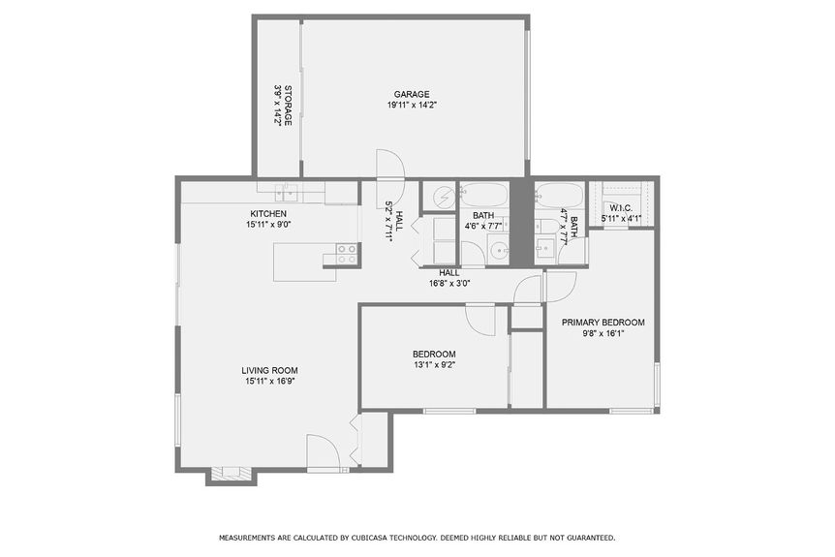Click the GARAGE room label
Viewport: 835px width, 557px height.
click(x=412, y=94)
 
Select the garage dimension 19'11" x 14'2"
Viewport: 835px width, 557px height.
click(x=412, y=105)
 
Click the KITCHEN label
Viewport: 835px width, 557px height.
click(x=268, y=213)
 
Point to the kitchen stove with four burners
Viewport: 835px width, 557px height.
click(x=347, y=254)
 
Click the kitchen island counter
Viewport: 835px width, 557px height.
click(x=304, y=262)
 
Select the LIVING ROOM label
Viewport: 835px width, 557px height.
click(x=269, y=370)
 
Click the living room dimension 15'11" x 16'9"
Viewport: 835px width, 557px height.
click(x=269, y=381)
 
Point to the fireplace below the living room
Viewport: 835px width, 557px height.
click(x=231, y=474)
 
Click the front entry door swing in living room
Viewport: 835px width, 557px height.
click(x=323, y=451)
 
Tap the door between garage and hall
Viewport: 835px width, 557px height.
click(x=388, y=166)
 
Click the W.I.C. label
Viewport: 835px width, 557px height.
click(x=621, y=208)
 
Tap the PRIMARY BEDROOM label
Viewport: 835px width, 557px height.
click(x=603, y=323)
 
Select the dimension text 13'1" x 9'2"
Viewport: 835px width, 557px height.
click(x=434, y=365)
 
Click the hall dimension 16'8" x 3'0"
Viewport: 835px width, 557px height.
click(x=449, y=284)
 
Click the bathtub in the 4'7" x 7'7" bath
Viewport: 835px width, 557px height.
click(x=559, y=197)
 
